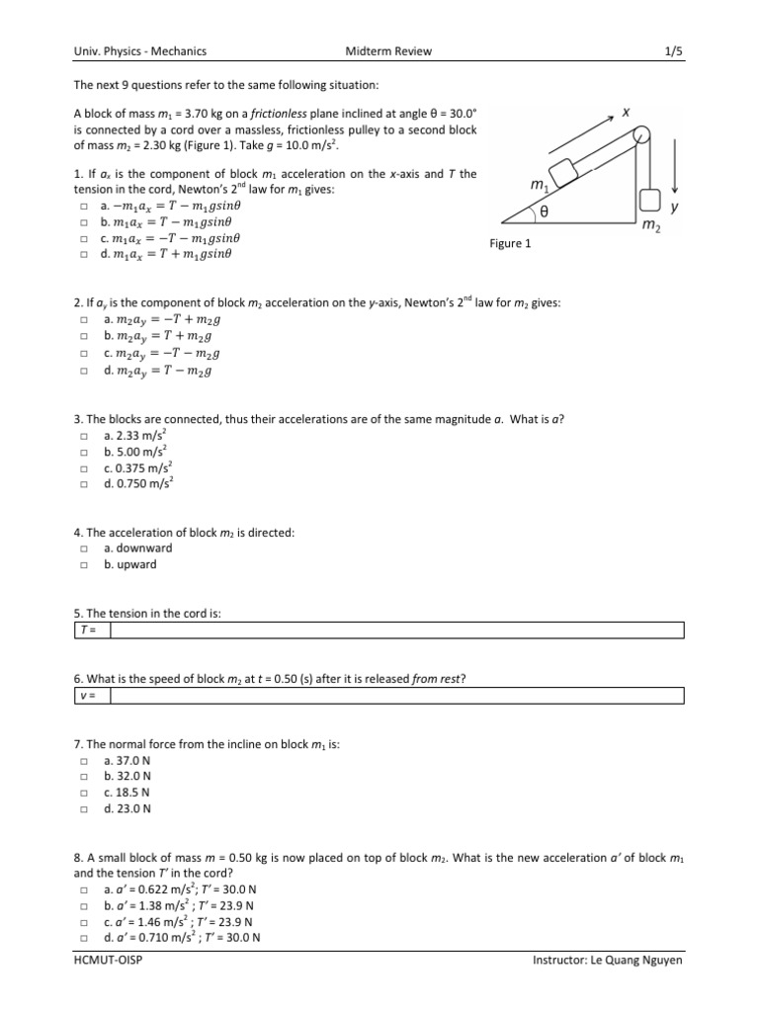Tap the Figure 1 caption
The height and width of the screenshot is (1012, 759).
(x=511, y=243)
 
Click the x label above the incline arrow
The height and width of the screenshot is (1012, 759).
(x=627, y=114)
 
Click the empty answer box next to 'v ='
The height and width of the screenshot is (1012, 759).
(x=395, y=696)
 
